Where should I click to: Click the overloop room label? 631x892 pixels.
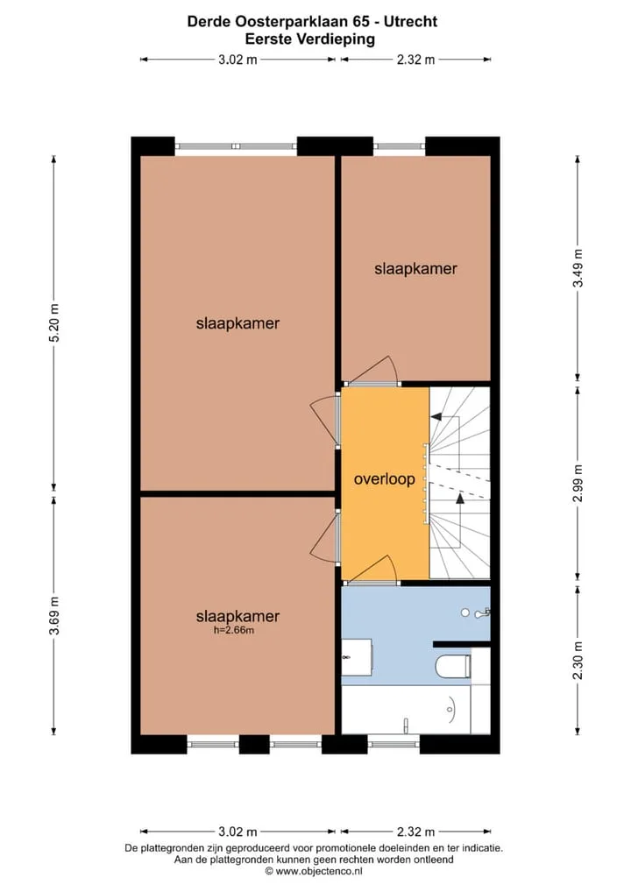(384, 479)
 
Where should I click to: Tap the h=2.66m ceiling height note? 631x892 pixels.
(233, 630)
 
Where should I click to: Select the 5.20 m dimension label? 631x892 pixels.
(54, 323)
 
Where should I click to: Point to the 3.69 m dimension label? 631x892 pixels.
(54, 616)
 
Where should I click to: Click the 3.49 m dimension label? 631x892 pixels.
(578, 268)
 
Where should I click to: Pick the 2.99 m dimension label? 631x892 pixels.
(578, 483)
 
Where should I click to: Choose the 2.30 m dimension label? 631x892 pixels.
(578, 661)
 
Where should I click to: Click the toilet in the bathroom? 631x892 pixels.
(453, 666)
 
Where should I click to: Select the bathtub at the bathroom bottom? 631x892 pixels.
(406, 710)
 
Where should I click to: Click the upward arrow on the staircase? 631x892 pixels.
(460, 499)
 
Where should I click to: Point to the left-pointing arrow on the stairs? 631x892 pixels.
(437, 417)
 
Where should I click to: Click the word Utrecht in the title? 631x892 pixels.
(410, 22)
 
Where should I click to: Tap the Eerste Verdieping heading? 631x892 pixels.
(310, 39)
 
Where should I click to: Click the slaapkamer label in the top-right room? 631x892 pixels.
(415, 268)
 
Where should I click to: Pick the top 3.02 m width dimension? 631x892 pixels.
(238, 60)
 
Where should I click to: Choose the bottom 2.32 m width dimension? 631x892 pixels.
(416, 832)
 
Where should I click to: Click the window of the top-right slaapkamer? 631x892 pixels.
(400, 146)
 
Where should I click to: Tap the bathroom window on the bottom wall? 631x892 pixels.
(393, 743)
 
